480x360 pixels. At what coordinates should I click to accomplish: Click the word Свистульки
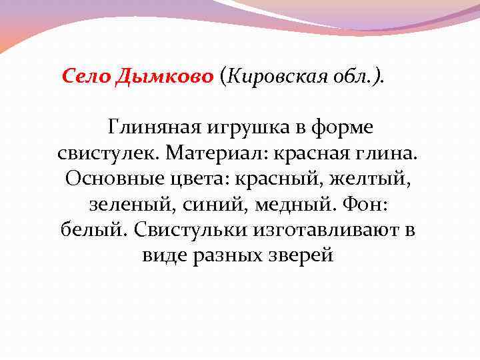[190, 231]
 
